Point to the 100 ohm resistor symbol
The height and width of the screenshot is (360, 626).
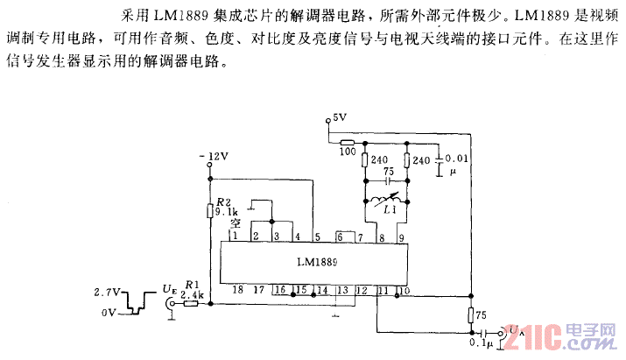(348, 142)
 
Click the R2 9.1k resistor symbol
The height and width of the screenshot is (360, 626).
(209, 210)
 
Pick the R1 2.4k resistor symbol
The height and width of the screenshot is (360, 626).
(194, 304)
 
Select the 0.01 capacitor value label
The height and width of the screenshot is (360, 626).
(459, 159)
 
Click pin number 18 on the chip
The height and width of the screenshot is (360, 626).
(236, 290)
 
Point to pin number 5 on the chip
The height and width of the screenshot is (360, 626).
(317, 237)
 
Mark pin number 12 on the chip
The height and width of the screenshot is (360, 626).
(361, 290)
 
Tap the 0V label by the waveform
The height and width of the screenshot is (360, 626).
(109, 312)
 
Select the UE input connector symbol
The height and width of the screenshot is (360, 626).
(168, 305)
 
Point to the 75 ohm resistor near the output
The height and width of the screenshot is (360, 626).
(470, 316)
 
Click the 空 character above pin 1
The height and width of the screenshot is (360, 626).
(235, 224)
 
